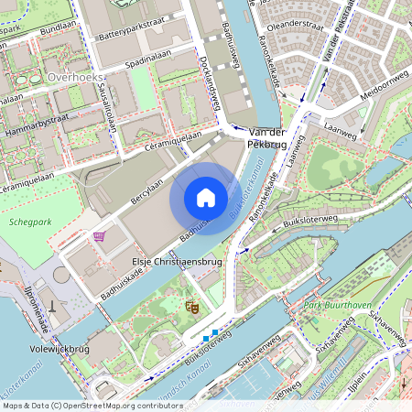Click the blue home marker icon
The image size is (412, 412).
coord(205,197)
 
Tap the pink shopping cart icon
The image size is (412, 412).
coord(99,235)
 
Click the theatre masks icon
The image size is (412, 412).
coord(191,307)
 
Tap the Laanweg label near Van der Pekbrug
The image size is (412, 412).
coord(342,133)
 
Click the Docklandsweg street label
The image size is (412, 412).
coord(210,83)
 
